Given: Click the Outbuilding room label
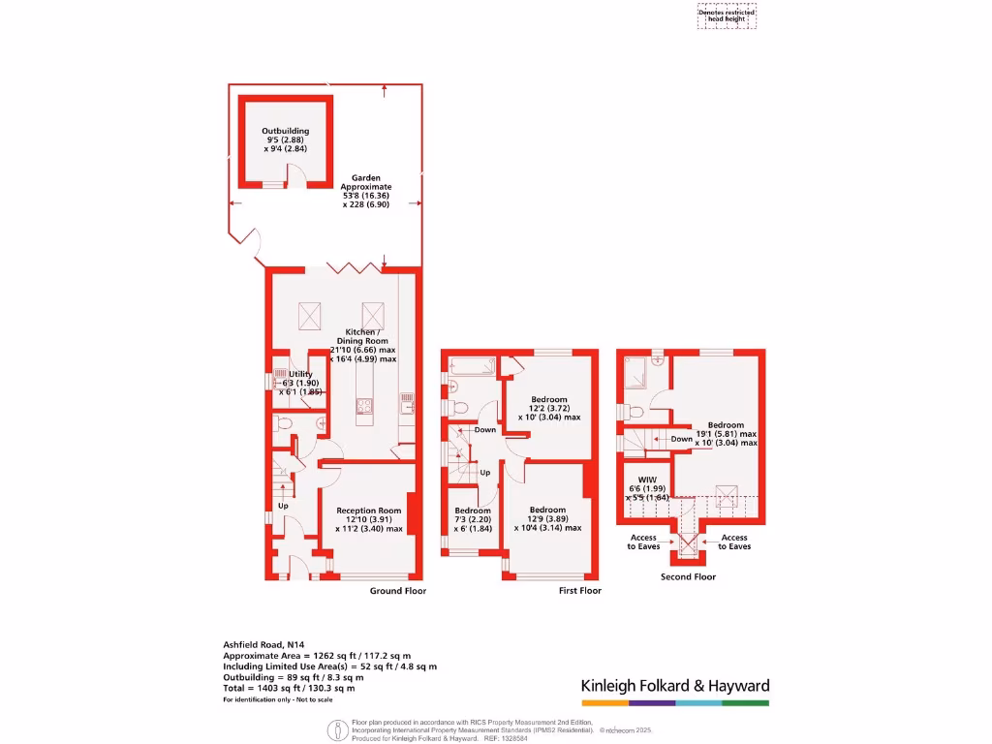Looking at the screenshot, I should [x=285, y=139].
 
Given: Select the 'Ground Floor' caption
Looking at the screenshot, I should [x=397, y=590].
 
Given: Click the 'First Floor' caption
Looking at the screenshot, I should [x=580, y=590].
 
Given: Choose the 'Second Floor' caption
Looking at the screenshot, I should [x=688, y=576].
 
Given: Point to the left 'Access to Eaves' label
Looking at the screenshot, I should [x=643, y=542].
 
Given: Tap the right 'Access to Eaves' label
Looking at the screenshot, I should [x=733, y=542].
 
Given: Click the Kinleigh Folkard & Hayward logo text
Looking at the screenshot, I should [x=674, y=686].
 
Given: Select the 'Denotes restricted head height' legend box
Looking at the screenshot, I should [x=727, y=15].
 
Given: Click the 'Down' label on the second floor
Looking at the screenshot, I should [x=681, y=439].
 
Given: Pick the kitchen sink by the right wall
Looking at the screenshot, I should [x=408, y=398].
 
